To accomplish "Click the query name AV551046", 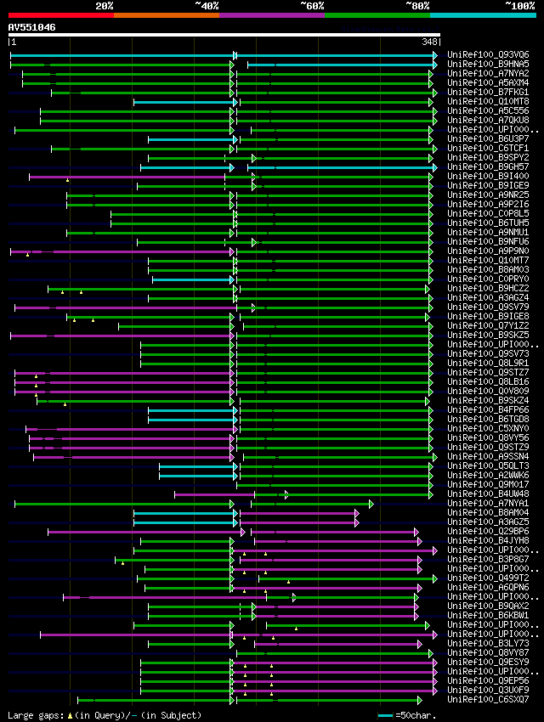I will point(31,27).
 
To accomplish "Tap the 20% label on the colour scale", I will point(105,5).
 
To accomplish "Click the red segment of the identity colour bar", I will point(60,15).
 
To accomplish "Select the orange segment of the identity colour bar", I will point(166,15).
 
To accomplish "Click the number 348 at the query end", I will point(430,42).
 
